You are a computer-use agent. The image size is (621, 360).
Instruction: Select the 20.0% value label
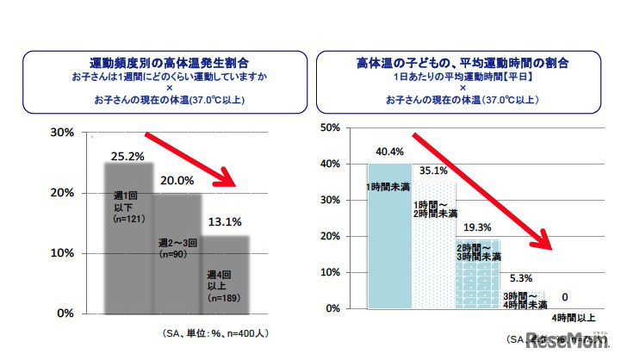coord(177,181)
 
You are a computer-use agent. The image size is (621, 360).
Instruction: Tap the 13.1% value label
coord(225,220)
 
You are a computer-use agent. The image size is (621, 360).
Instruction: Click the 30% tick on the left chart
coord(62,133)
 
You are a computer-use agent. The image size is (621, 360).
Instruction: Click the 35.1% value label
coord(434,170)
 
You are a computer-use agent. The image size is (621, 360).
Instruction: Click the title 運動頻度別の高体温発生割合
coord(165,63)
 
